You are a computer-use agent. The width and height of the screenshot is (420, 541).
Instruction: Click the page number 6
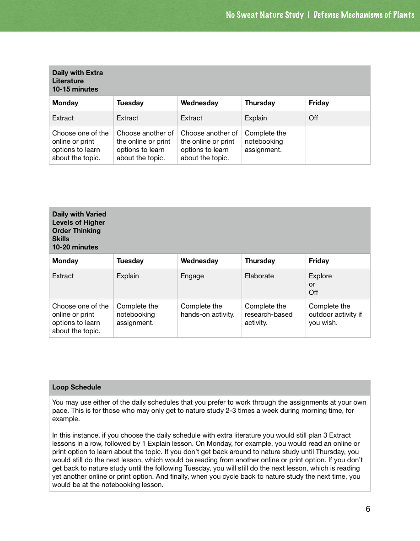(x=368, y=509)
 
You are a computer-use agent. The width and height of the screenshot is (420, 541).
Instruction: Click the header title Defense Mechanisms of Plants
(x=364, y=15)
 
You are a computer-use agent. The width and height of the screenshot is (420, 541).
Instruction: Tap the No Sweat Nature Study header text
(x=264, y=15)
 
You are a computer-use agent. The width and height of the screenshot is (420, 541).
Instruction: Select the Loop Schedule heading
(x=76, y=387)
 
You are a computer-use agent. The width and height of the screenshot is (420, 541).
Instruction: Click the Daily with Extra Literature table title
(x=77, y=81)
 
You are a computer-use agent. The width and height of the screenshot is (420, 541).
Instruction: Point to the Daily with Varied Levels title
(x=79, y=230)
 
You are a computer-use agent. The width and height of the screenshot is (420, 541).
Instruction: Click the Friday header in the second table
(x=319, y=261)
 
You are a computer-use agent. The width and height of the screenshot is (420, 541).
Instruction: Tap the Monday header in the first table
(x=65, y=103)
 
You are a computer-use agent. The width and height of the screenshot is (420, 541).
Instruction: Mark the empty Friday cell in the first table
(x=338, y=145)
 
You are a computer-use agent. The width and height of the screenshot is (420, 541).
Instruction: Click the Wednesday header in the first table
(x=199, y=103)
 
